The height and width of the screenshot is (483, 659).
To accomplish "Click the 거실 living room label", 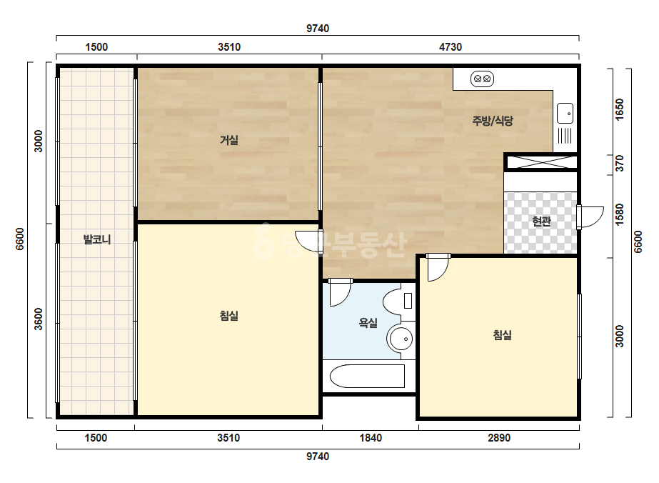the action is [229, 139].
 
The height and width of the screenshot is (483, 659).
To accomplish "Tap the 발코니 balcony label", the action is [97, 239].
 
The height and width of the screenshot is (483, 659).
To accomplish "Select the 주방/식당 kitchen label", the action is [493, 121].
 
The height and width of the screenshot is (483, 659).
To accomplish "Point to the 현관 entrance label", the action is [541, 221].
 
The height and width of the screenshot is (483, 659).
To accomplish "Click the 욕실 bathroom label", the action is [368, 323].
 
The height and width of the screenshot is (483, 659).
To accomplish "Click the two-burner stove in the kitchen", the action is [482, 79].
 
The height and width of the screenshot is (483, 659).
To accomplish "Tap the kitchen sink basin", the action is [565, 113].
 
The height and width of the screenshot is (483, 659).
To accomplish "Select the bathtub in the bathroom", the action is [367, 376].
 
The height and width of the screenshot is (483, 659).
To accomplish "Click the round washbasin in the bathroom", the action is [400, 338].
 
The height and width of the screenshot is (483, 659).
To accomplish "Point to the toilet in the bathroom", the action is [398, 302].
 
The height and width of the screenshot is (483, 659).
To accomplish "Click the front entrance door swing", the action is [590, 217].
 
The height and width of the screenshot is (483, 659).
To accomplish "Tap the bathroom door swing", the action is [340, 292].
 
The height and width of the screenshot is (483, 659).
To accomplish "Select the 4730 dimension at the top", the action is [451, 46].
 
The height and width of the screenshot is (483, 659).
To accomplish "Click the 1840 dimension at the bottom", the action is [371, 438].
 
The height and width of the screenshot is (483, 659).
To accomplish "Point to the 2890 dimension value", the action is [499, 438].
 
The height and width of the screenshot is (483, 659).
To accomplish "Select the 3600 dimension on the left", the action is [39, 319].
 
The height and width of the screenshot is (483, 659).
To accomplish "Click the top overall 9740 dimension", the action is [318, 28].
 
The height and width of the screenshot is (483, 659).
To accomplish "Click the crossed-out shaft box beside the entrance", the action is [541, 162].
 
